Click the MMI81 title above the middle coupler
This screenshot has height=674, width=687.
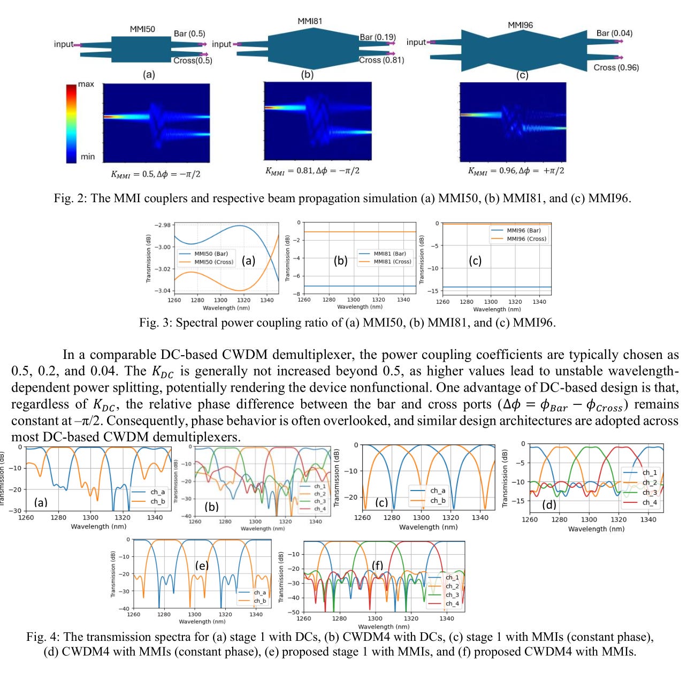[310, 21]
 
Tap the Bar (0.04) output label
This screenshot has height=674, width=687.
[614, 33]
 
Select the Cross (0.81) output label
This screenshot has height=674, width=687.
[381, 60]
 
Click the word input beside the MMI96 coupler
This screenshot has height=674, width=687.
[416, 42]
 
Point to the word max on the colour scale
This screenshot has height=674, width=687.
[86, 84]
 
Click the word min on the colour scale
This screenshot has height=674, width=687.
[88, 157]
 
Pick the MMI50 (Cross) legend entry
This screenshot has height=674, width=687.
[213, 262]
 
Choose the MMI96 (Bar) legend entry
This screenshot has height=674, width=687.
[523, 231]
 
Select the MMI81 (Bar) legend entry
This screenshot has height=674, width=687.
[390, 254]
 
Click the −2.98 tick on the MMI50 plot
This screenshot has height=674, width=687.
[162, 225]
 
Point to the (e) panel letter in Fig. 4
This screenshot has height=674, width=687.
[202, 565]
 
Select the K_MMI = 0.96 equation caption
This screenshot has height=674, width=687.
[516, 171]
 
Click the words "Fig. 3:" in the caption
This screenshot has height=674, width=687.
[156, 323]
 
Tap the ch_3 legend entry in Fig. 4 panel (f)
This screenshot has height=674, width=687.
[452, 595]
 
